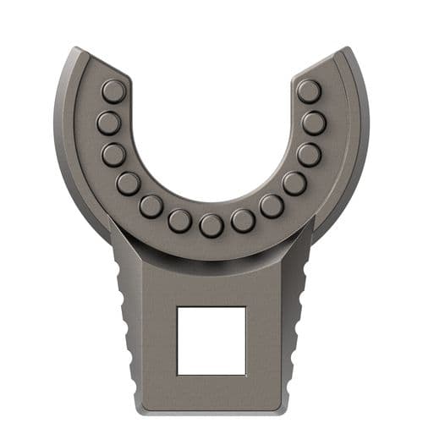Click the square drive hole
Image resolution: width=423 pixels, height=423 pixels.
point(211,340)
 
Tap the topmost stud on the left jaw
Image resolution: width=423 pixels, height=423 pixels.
point(113,91)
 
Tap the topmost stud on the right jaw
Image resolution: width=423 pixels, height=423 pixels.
point(309,91)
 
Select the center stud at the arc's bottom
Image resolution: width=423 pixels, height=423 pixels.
point(211,225)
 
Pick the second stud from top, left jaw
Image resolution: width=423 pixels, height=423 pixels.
point(108,124)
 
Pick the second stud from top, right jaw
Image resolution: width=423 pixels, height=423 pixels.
point(314,124)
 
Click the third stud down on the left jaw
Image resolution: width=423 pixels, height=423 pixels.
point(114,155)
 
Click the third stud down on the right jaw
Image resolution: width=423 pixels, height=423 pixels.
point(309,155)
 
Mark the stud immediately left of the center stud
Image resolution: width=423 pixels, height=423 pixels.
point(179,221)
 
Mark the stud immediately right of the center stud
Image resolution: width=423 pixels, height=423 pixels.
point(244,221)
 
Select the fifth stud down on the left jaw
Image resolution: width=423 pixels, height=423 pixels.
point(151,206)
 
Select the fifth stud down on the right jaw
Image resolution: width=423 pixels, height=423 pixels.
point(272,206)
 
